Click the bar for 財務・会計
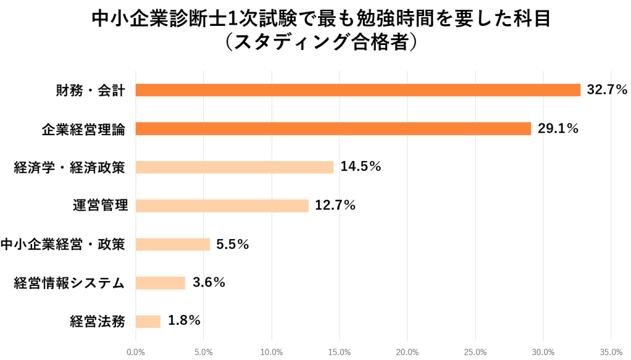357,90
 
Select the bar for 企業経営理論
333,128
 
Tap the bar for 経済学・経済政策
234,167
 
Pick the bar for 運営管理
222,205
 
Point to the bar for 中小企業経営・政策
173,244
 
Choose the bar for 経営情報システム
160,282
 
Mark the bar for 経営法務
148,321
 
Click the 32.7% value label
607,90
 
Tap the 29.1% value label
558,128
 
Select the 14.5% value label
360,167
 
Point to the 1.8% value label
184,321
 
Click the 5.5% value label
233,244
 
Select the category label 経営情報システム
70,283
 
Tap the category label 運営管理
100,206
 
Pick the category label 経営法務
98,321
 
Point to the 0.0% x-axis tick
136,353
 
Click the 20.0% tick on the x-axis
407,353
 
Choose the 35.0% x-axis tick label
611,353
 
